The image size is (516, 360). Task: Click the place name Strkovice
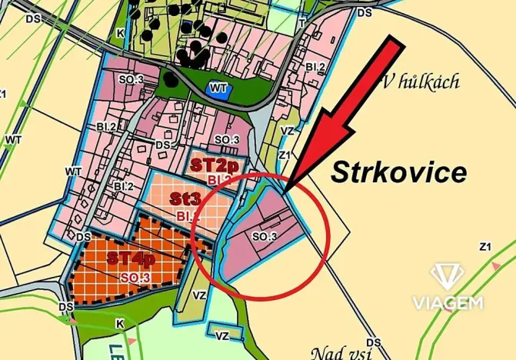pos(398,172)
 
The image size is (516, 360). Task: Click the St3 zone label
pos(186,198)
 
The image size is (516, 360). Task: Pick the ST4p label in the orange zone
pos(131,257)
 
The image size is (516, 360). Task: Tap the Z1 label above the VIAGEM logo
pos(484,247)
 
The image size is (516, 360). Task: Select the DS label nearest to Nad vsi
pos(374,342)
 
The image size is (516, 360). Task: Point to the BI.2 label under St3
pos(188,215)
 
